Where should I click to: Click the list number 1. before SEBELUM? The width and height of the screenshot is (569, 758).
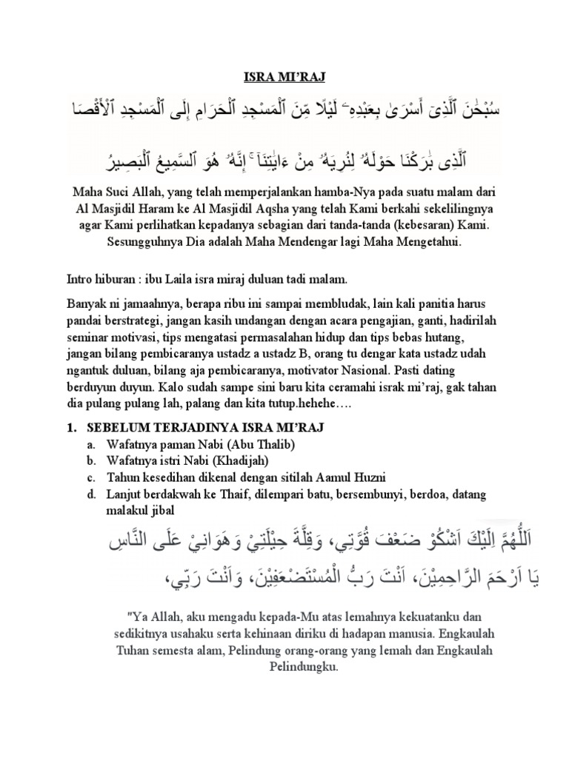tap(72, 428)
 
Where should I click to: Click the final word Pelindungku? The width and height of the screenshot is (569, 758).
tap(304, 665)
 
